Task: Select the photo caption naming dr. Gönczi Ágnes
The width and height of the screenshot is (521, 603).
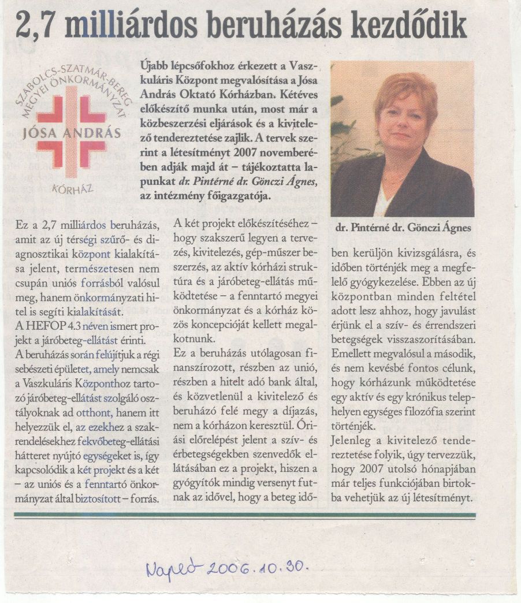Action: click(x=403, y=228)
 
